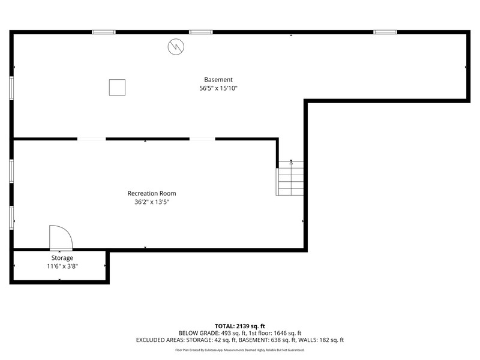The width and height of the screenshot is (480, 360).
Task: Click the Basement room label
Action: click(218, 80)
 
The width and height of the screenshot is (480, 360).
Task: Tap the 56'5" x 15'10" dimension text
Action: click(218, 88)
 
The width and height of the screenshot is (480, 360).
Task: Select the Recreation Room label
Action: click(152, 193)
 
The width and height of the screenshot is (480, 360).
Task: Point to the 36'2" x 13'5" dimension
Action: click(152, 202)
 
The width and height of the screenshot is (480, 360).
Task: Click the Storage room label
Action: click(62, 258)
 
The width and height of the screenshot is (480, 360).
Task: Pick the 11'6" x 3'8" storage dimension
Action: click(62, 266)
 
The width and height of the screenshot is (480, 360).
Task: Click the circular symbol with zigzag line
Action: click(176, 47)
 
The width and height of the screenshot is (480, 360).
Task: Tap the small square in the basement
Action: click(117, 88)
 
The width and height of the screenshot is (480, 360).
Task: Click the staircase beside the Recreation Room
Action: click(290, 178)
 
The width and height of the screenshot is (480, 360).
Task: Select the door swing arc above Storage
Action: click(68, 232)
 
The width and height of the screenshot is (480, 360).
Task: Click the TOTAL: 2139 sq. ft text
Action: click(239, 326)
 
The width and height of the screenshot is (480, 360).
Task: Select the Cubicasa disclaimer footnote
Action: click(239, 350)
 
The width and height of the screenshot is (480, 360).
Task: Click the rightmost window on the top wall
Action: click(385, 32)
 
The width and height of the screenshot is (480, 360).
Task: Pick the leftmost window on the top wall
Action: click(104, 32)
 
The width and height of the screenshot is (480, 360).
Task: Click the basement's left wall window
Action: click(11, 88)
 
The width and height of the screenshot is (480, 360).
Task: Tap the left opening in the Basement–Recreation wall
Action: click(92, 139)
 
